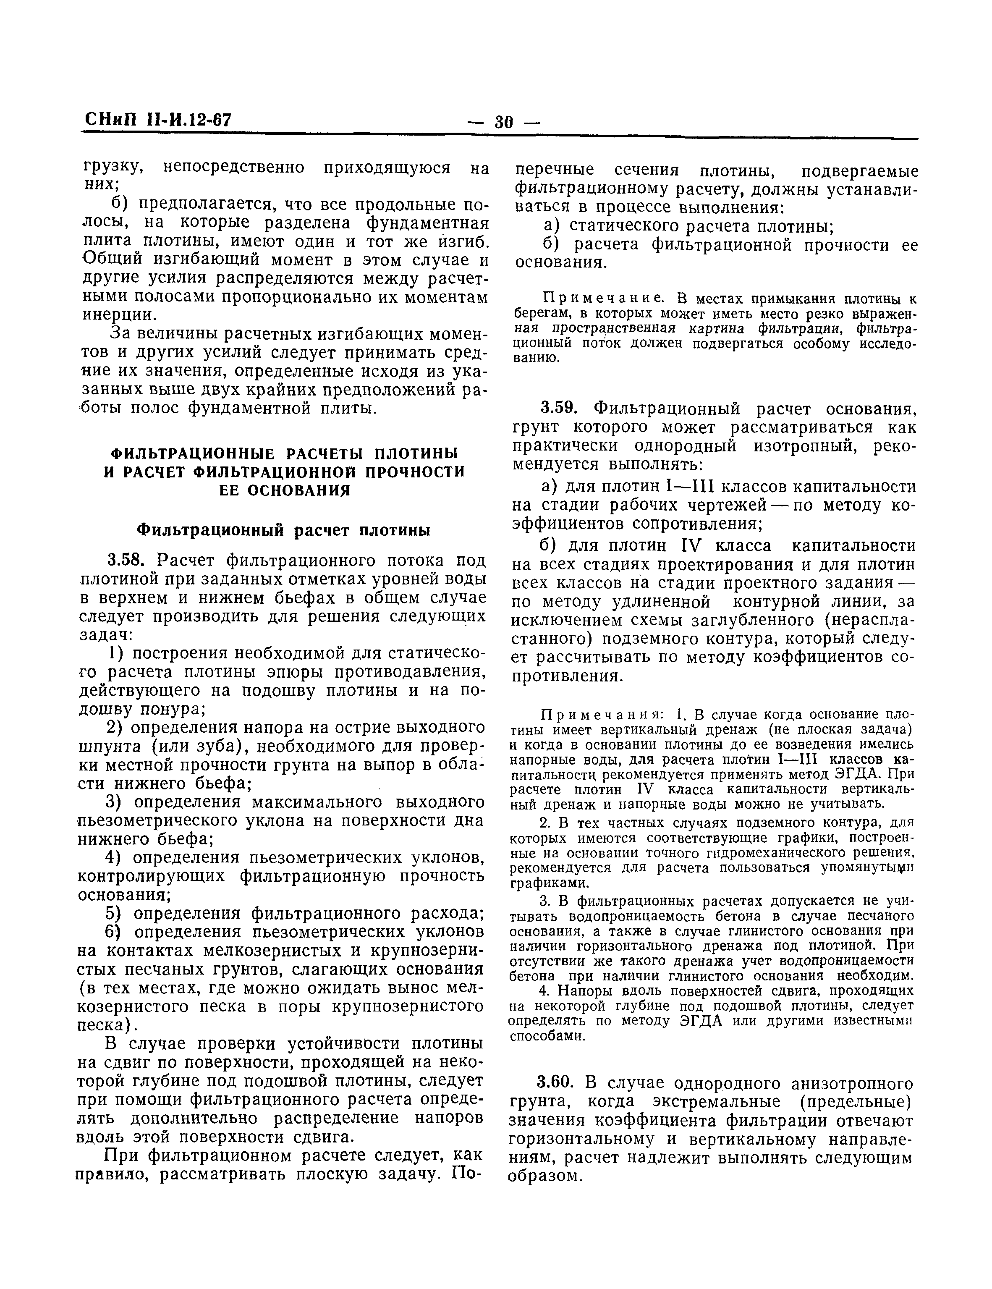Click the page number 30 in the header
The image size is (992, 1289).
[x=504, y=122]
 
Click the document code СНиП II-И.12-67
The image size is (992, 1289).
[x=157, y=120]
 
